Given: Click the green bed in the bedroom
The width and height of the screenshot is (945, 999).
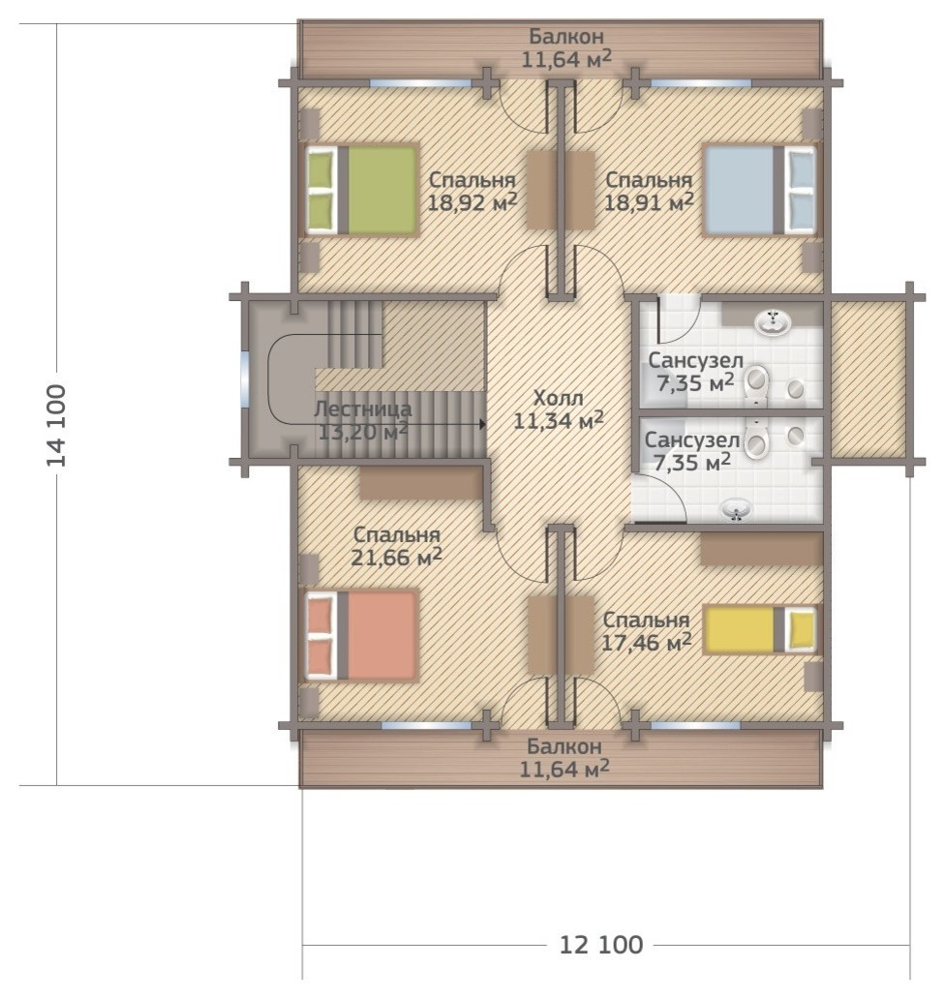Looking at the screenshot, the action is pos(362,190).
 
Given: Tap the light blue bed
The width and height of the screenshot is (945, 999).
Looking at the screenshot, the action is pos(759,190).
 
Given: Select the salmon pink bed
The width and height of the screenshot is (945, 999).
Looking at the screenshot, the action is pos(362,636).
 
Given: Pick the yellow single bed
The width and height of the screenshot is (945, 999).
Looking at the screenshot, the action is pos(759,629).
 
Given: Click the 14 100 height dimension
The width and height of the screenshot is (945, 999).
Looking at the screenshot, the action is pos(57,425).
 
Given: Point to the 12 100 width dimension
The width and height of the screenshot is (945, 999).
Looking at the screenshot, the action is pos(601,944).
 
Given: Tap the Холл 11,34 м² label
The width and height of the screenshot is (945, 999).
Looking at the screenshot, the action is pos(559,409).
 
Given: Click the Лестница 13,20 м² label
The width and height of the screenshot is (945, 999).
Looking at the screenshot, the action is pos(362,420).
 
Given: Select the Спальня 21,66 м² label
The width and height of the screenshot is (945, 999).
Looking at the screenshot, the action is pos(396,545).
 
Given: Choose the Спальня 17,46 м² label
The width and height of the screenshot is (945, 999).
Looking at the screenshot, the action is pos(646,631).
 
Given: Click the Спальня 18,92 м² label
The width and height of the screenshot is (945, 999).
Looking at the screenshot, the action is pos(472,191).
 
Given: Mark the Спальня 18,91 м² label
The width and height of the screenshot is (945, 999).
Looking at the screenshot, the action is pos(649,191).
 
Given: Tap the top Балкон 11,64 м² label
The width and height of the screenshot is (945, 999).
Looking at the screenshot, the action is pos(566,47).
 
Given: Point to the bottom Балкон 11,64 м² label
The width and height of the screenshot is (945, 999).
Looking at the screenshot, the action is pos(564,758).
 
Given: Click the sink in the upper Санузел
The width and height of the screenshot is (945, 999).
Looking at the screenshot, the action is pos(774,321).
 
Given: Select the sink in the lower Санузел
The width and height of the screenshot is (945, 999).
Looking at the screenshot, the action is pos(737,510).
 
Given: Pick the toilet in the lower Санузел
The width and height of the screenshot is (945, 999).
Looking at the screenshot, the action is pos(757,439).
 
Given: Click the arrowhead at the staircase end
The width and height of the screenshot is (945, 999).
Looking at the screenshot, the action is pos(483,423).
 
